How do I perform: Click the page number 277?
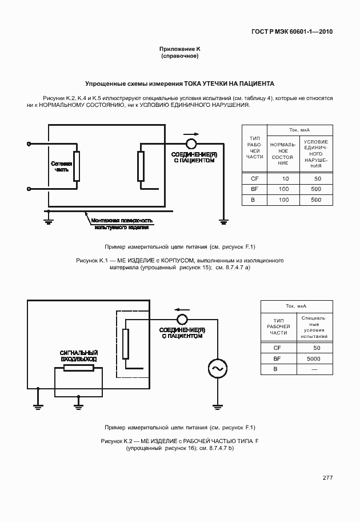tap(327, 478)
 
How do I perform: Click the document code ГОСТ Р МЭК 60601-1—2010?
tap(291, 31)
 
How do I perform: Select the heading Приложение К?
tap(179, 50)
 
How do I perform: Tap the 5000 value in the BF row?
tap(313, 358)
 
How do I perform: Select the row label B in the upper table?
tap(254, 200)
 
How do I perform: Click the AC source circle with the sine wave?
tap(218, 369)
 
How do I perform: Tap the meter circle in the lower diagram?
tap(182, 319)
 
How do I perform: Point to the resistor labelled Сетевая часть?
tap(76, 166)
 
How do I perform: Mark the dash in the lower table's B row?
tap(313, 370)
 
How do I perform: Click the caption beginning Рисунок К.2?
tap(179, 444)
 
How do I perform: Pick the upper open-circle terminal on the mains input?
tap(30, 143)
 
